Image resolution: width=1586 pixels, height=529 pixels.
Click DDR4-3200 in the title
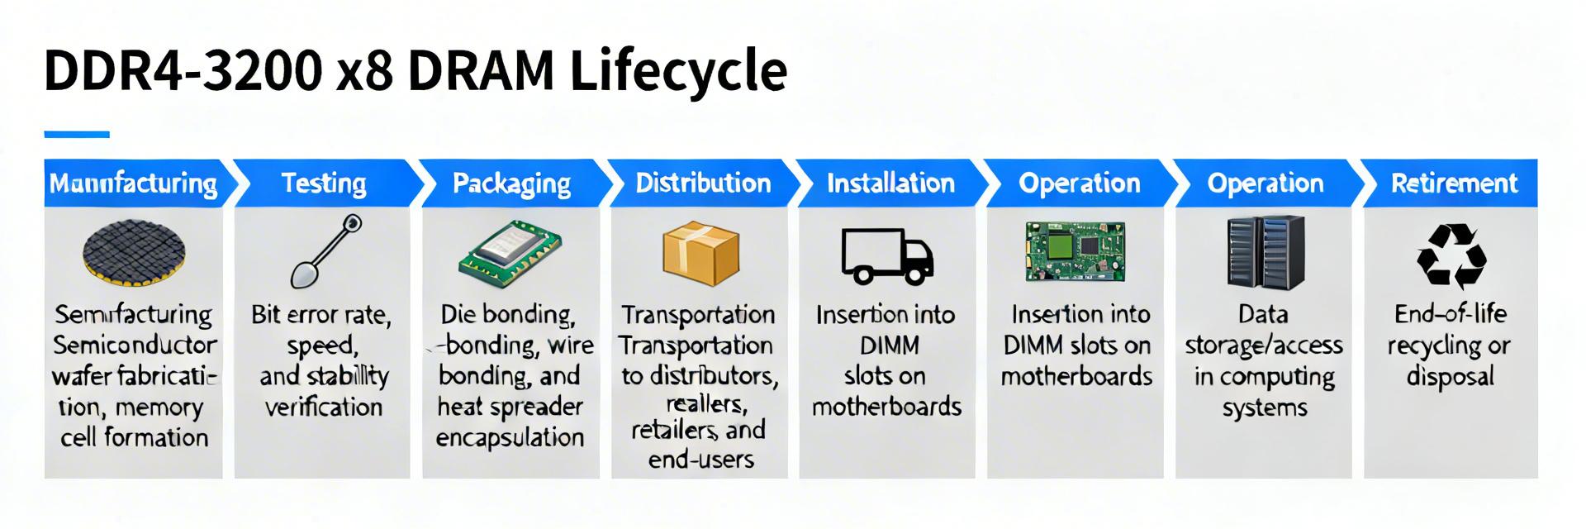pyautogui.click(x=183, y=71)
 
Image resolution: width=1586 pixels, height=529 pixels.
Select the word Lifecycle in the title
pyautogui.click(x=678, y=71)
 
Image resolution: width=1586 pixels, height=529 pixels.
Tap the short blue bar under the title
pyautogui.click(x=77, y=134)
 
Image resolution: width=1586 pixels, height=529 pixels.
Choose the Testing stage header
pyautogui.click(x=324, y=183)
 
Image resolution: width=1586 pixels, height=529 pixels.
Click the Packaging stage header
pyautogui.click(x=511, y=183)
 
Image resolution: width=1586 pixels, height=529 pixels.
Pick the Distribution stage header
pyautogui.click(x=703, y=183)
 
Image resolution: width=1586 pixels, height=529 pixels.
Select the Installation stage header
pyautogui.click(x=890, y=183)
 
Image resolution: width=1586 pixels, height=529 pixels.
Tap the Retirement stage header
pyautogui.click(x=1454, y=183)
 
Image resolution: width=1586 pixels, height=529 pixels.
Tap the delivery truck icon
pyautogui.click(x=887, y=255)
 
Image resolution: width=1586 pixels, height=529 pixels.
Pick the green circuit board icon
pyautogui.click(x=1075, y=251)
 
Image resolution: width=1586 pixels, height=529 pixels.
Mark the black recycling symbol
pyautogui.click(x=1451, y=256)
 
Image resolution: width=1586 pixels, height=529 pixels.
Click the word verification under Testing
pyautogui.click(x=324, y=407)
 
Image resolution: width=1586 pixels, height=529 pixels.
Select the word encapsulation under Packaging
pyautogui.click(x=510, y=437)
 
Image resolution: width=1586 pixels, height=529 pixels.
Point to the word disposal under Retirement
pyautogui.click(x=1451, y=377)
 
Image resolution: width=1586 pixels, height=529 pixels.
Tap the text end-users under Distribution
pyautogui.click(x=700, y=460)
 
